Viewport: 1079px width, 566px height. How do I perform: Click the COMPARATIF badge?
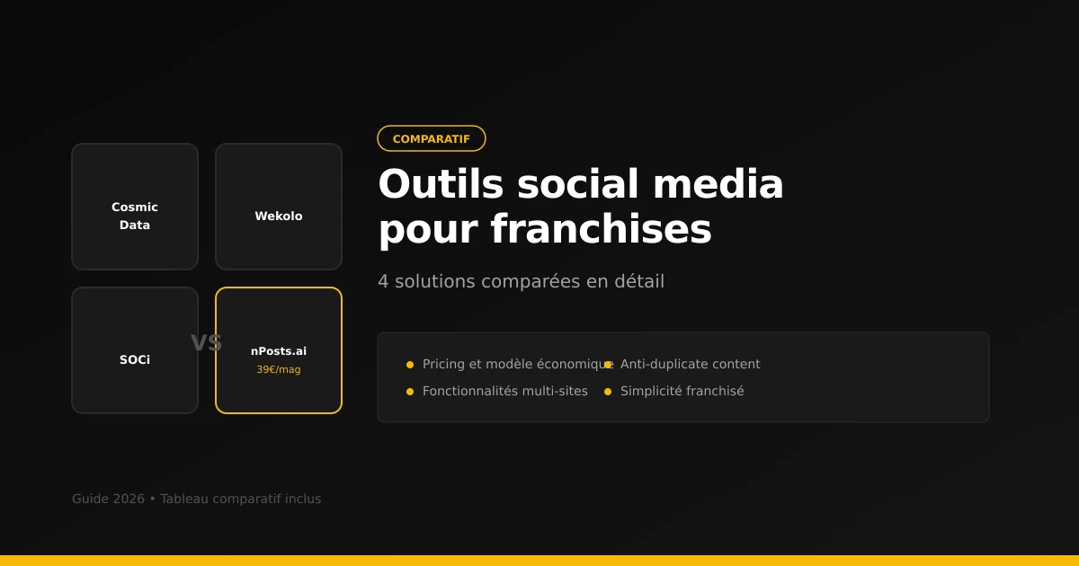tap(432, 138)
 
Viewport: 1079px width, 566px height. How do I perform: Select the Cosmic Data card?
tap(135, 207)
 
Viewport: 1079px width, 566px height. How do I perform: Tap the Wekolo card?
tap(279, 207)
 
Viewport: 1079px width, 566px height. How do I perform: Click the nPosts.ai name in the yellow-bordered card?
tap(279, 351)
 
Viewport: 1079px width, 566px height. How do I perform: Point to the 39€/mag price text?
tap(279, 369)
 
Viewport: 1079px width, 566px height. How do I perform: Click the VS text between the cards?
tap(206, 343)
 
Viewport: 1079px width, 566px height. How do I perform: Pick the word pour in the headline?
tap(427, 229)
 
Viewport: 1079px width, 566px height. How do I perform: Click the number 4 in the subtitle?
tap(383, 281)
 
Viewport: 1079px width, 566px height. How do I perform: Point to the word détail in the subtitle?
tap(638, 281)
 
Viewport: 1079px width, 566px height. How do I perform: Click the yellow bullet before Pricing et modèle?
tap(410, 365)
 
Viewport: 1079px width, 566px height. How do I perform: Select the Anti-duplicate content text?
tap(690, 364)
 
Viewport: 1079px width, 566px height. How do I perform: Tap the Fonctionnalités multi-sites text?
tap(504, 391)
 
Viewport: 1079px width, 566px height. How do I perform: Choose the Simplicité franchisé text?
tap(682, 391)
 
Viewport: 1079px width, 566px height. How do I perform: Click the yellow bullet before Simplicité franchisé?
tap(608, 392)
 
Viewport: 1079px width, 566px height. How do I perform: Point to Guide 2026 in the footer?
tap(108, 499)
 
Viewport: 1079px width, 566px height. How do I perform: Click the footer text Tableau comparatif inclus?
tap(240, 499)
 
